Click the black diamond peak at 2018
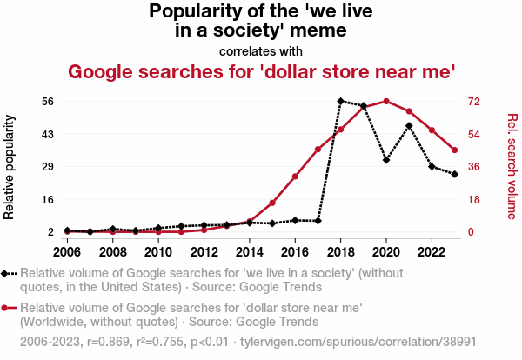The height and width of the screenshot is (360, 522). [x=341, y=101]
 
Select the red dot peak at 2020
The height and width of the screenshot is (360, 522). [x=386, y=101]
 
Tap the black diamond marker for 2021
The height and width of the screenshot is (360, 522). [x=409, y=126]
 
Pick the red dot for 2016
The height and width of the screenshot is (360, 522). [x=296, y=177]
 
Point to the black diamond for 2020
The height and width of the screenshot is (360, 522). [x=386, y=160]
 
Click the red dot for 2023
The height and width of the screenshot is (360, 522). [x=455, y=150]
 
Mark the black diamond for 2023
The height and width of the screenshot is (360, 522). [x=455, y=174]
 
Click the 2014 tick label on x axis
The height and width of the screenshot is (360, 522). [x=250, y=252]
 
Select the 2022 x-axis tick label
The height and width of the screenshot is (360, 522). [x=432, y=252]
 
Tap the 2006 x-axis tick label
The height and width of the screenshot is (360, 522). [x=67, y=252]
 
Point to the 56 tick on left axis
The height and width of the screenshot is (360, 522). [x=50, y=101]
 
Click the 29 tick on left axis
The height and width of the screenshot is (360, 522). [x=50, y=166]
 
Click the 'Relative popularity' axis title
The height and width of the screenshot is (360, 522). [x=11, y=166]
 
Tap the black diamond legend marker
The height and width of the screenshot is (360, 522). [x=8, y=273]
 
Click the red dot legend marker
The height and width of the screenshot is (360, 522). [x=8, y=308]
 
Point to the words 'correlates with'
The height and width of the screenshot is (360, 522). [x=261, y=50]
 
